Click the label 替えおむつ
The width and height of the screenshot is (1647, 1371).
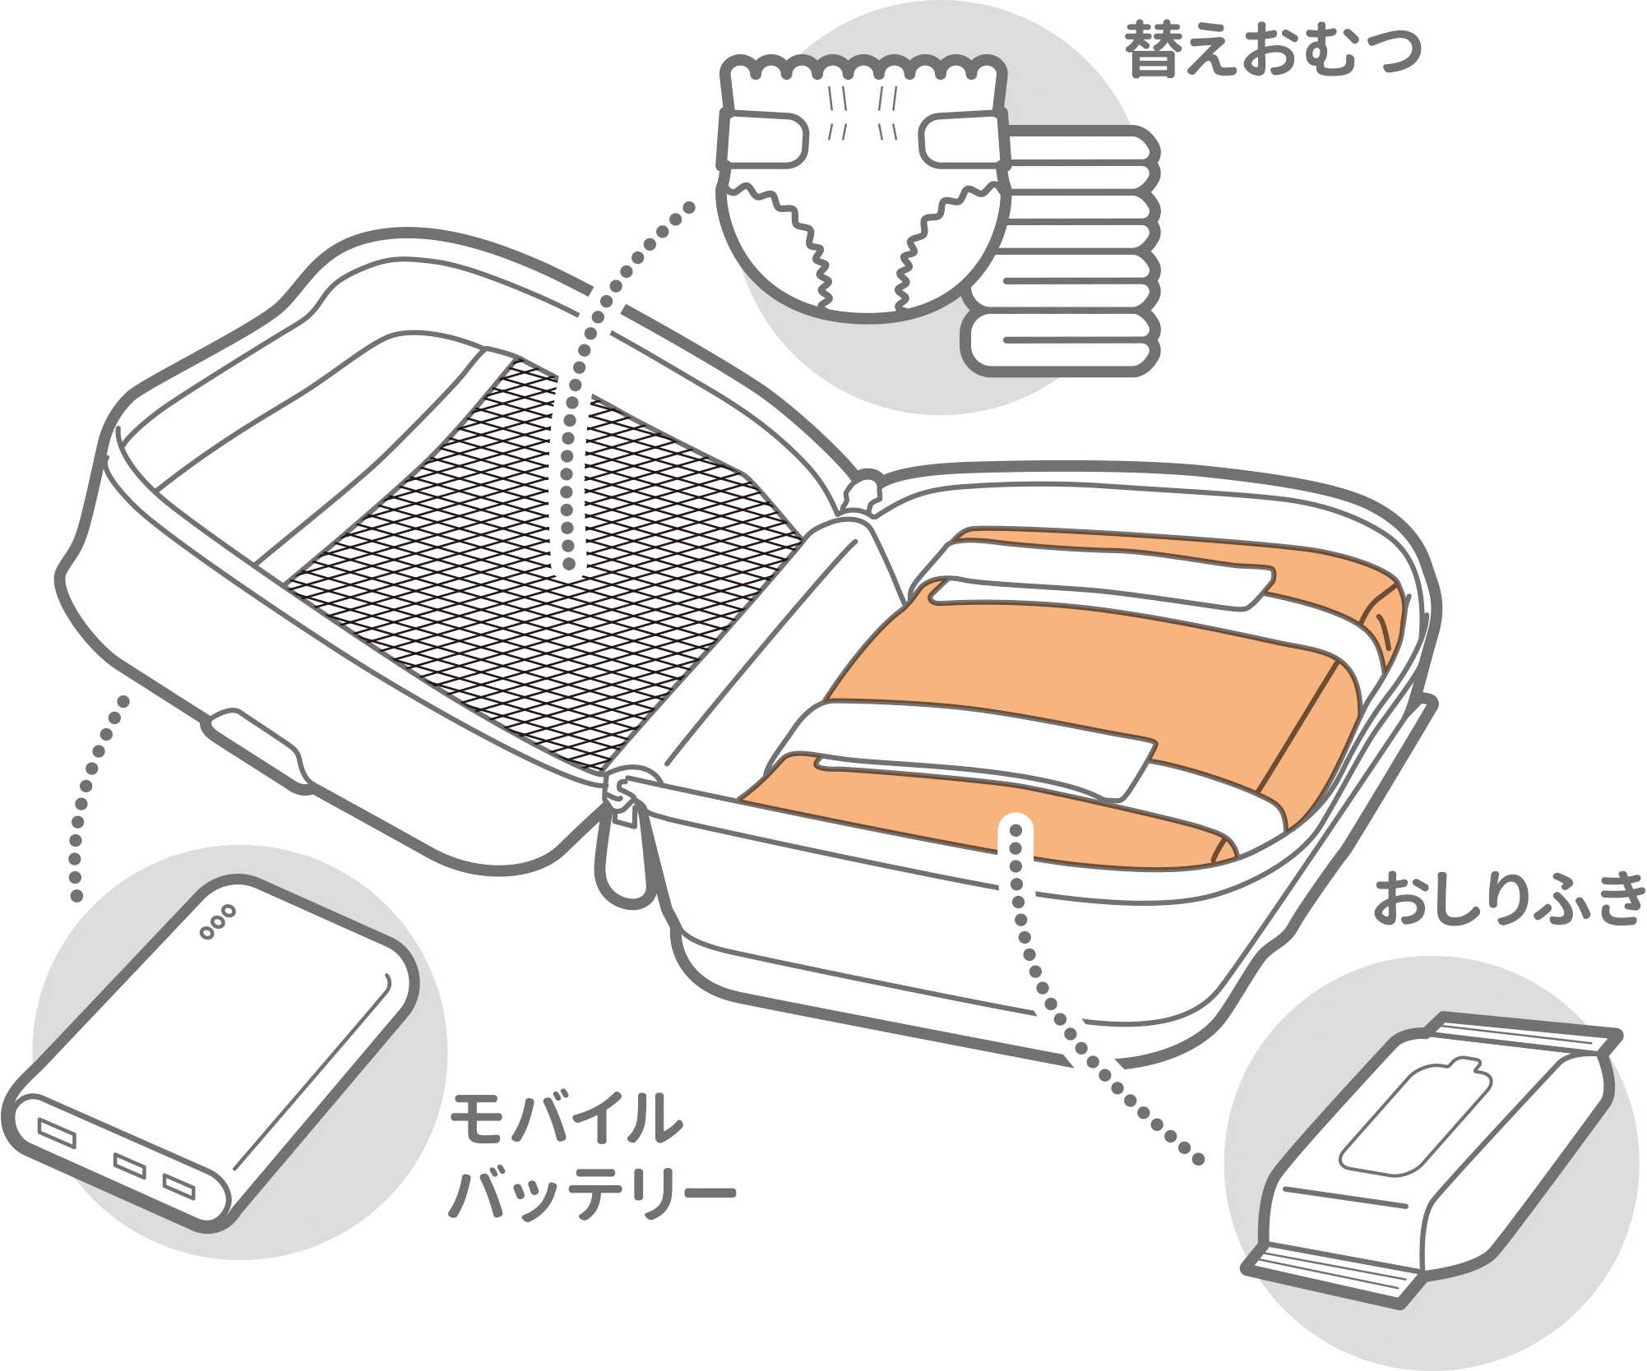[1272, 51]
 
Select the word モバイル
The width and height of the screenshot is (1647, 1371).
[567, 1119]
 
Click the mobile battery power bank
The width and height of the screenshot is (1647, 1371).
[214, 1060]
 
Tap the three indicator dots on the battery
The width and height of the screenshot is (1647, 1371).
[217, 921]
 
